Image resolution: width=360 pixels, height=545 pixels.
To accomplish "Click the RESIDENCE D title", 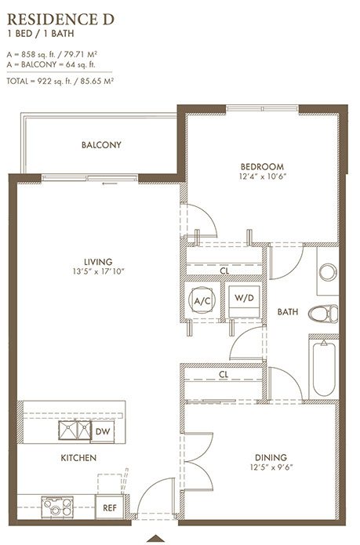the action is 61,20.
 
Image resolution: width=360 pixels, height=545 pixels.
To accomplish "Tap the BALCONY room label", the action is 101,145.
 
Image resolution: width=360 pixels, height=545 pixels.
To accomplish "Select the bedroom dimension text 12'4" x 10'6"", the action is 263,176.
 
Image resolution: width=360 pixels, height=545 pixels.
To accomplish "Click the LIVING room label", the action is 98,262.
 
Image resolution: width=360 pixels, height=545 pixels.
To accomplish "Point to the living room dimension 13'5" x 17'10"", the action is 98,271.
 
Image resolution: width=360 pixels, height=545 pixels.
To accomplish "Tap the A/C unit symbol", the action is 202,300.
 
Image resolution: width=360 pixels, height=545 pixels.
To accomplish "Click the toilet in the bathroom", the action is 323,314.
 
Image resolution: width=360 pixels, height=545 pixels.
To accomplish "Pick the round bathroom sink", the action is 328,272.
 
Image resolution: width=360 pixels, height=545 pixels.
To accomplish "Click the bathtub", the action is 324,369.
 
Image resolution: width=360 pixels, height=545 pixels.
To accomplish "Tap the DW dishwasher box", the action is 103,432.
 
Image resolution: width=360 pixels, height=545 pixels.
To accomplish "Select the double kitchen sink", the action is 75,431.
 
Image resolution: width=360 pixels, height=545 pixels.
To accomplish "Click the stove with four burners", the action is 57,507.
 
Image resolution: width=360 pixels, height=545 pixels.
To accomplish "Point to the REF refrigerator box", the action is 110,507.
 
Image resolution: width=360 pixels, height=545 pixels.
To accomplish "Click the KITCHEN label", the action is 78,458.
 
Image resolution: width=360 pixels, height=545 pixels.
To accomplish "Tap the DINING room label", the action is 271,457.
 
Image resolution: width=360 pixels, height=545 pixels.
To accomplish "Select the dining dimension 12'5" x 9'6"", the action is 271,467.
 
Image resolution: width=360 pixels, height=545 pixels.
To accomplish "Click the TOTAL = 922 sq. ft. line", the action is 60,82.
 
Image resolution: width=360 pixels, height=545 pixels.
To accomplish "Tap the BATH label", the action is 288,312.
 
